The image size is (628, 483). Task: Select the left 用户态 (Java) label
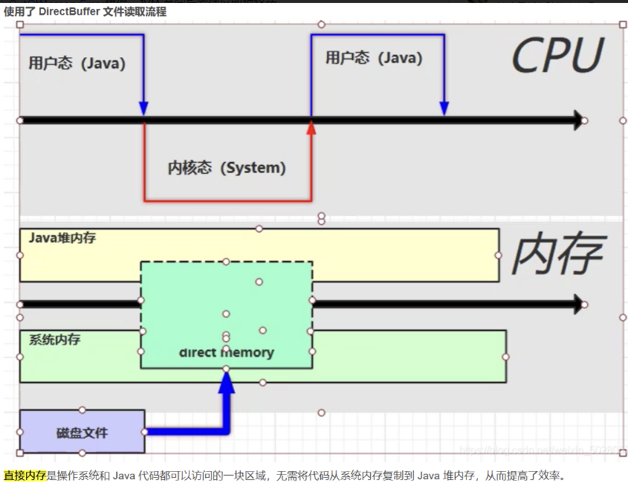[77, 63]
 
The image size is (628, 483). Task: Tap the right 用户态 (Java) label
[373, 57]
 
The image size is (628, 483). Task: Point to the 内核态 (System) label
[227, 168]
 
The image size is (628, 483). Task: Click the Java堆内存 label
[62, 239]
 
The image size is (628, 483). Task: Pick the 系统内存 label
[54, 340]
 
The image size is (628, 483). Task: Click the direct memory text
[226, 352]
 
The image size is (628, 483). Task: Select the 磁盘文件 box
[82, 432]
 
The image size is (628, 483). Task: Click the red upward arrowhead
[311, 129]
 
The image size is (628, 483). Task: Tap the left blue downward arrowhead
[143, 108]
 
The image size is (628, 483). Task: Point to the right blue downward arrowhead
[444, 108]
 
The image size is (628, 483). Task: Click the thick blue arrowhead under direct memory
[226, 381]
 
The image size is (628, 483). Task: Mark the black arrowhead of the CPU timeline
[575, 120]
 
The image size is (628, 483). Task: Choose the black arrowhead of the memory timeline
[575, 303]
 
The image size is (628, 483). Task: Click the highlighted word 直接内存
[25, 475]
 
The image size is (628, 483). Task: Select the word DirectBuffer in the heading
[69, 12]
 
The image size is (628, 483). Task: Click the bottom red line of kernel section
[227, 201]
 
